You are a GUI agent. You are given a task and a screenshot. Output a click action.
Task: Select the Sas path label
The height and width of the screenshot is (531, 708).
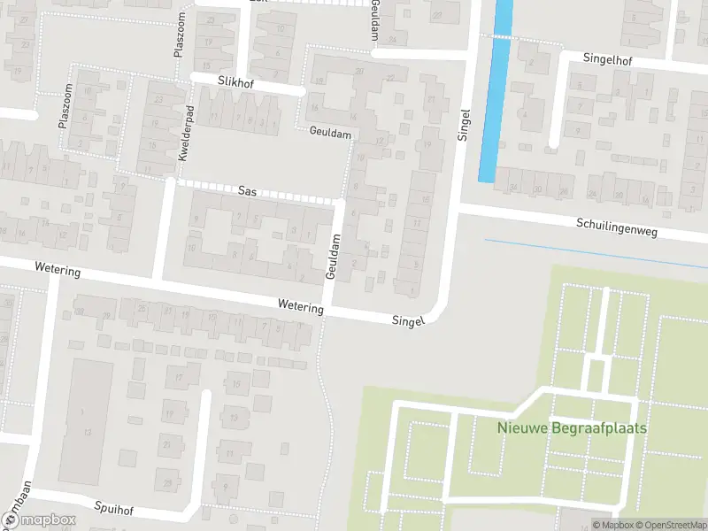248,190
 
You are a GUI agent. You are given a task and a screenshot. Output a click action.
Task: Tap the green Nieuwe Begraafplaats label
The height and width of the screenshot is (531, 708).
572,427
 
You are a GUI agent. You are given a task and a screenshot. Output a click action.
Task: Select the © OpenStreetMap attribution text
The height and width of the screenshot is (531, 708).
669,525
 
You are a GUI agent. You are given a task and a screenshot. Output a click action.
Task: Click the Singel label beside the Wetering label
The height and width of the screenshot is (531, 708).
409,320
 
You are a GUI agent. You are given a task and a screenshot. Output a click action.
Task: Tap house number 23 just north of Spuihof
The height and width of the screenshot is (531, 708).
169,482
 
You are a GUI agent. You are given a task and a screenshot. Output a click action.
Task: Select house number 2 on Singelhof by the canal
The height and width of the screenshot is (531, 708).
532,63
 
